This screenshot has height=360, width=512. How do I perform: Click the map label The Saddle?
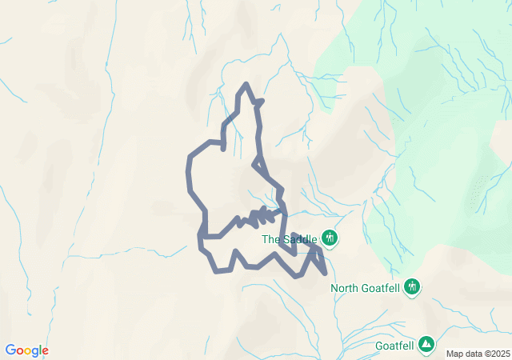point(290,238)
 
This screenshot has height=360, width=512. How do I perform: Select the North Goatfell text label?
point(366,288)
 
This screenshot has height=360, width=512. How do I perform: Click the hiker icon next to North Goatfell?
point(413,286)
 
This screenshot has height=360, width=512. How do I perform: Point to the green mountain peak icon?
point(427,345)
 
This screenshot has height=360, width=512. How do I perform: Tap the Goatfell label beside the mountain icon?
point(394,346)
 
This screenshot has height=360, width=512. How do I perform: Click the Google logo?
point(26,350)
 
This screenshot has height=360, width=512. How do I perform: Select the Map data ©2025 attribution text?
point(478,354)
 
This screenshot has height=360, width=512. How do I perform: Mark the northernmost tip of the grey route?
point(246,84)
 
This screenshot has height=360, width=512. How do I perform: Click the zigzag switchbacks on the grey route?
point(262,216)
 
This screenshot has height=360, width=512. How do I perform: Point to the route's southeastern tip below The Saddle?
point(326,273)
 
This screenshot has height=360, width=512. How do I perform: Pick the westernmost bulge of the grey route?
point(189,172)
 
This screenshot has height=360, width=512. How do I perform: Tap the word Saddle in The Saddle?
point(301,238)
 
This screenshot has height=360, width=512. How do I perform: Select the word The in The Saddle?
point(271,238)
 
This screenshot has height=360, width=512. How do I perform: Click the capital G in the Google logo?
point(10,350)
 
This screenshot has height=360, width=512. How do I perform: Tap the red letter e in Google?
point(45,351)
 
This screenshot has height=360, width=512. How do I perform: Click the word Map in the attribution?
point(454,354)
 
